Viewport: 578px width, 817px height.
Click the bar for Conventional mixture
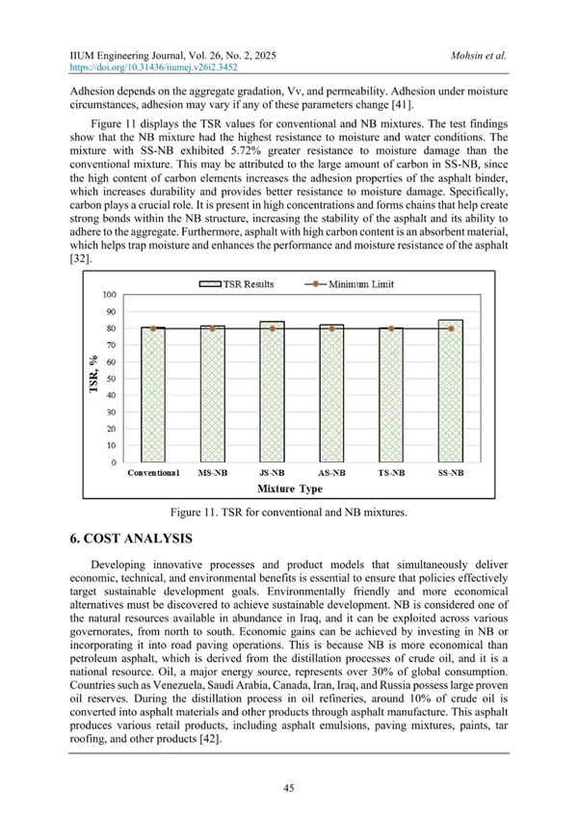[153, 395]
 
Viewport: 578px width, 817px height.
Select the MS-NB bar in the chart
[213, 395]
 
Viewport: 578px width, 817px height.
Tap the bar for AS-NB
[332, 395]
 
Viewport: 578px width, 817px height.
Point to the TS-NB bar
[392, 395]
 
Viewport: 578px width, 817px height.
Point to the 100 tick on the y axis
[112, 295]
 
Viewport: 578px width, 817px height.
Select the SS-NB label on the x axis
[450, 474]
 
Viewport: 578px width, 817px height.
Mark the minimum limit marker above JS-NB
[273, 329]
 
